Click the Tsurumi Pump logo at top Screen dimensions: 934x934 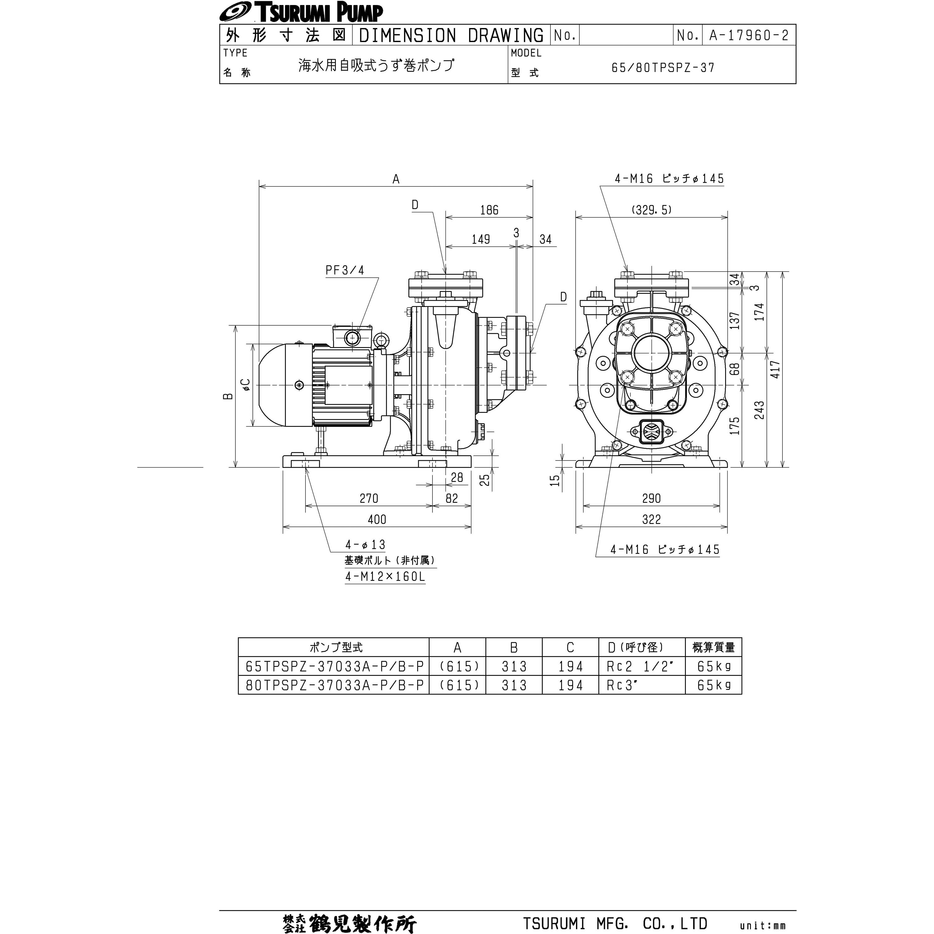coord(301,12)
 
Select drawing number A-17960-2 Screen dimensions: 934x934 coord(748,35)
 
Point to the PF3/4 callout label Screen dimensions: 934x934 coord(345,270)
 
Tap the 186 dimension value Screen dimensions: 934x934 coord(489,210)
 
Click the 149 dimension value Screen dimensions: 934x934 coord(480,239)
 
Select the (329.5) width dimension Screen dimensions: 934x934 coord(651,210)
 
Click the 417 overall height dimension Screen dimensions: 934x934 coord(775,369)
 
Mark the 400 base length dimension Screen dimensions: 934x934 coord(377,519)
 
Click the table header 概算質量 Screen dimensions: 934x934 coord(713,647)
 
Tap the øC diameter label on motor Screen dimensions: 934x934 coord(246,384)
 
